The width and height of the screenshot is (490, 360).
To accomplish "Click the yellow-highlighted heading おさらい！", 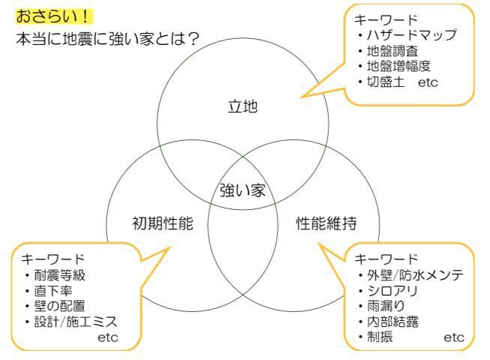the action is pos(54,16).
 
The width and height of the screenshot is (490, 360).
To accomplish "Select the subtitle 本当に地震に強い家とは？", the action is pos(107,39).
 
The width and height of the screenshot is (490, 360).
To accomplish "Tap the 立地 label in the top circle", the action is pos(243,106).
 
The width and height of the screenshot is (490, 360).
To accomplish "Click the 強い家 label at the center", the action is pos(243,190).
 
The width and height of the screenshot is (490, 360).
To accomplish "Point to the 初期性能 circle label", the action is pos(163,223).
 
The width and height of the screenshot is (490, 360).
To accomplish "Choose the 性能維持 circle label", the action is pos(326,223).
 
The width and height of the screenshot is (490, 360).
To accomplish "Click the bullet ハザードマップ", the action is pos(412,35).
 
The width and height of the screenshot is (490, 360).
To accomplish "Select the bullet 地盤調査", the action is pos(392,51).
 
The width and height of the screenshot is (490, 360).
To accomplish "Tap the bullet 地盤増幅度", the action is pos(399,66).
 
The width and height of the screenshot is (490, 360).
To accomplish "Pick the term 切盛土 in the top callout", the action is pos(386,82).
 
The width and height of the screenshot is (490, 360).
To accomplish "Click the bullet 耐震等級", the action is pos(59,275).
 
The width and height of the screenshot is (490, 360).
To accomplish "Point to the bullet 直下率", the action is pos(53,291).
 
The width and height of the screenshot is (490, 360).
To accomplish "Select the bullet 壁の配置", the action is pos(59,306).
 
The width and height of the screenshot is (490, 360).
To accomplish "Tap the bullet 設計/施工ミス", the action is pos(76,322).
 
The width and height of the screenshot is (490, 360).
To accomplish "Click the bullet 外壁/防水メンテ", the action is pos(415,275).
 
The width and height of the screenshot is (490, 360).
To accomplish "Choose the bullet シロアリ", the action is pos(393,291).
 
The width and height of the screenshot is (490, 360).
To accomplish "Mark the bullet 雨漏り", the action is pos(386,306).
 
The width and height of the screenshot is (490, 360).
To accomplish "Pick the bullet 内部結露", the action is pos(393,322).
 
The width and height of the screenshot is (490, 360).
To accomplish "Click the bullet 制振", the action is pos(380,337).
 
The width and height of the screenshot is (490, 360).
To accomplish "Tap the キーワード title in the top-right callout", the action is pos(387,19).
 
